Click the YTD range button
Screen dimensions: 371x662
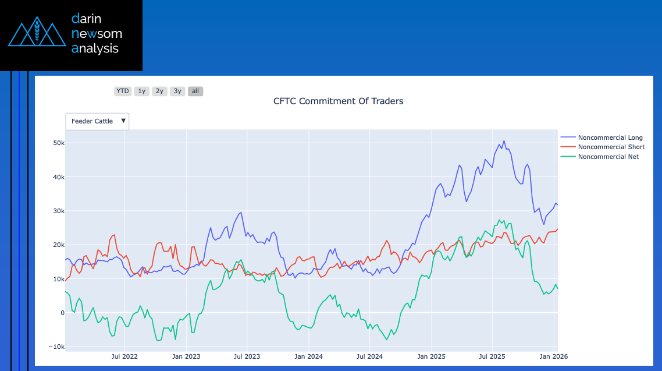click(x=123, y=91)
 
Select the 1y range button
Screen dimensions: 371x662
click(x=142, y=91)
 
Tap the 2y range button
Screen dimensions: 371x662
click(x=159, y=91)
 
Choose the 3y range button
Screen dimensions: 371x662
click(x=177, y=91)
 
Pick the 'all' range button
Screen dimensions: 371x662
click(x=195, y=91)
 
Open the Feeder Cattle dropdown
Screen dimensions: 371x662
click(x=97, y=121)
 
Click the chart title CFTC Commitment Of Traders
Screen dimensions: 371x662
click(x=338, y=101)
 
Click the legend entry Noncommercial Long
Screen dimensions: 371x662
click(x=610, y=137)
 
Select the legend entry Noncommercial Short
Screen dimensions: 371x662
click(x=611, y=147)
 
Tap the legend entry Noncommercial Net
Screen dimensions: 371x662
click(x=608, y=157)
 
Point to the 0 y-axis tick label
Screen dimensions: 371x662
click(x=62, y=313)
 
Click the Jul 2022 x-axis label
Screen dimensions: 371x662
click(x=124, y=356)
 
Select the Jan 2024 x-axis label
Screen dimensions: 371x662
click(x=308, y=356)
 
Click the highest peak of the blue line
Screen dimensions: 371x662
click(x=504, y=141)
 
